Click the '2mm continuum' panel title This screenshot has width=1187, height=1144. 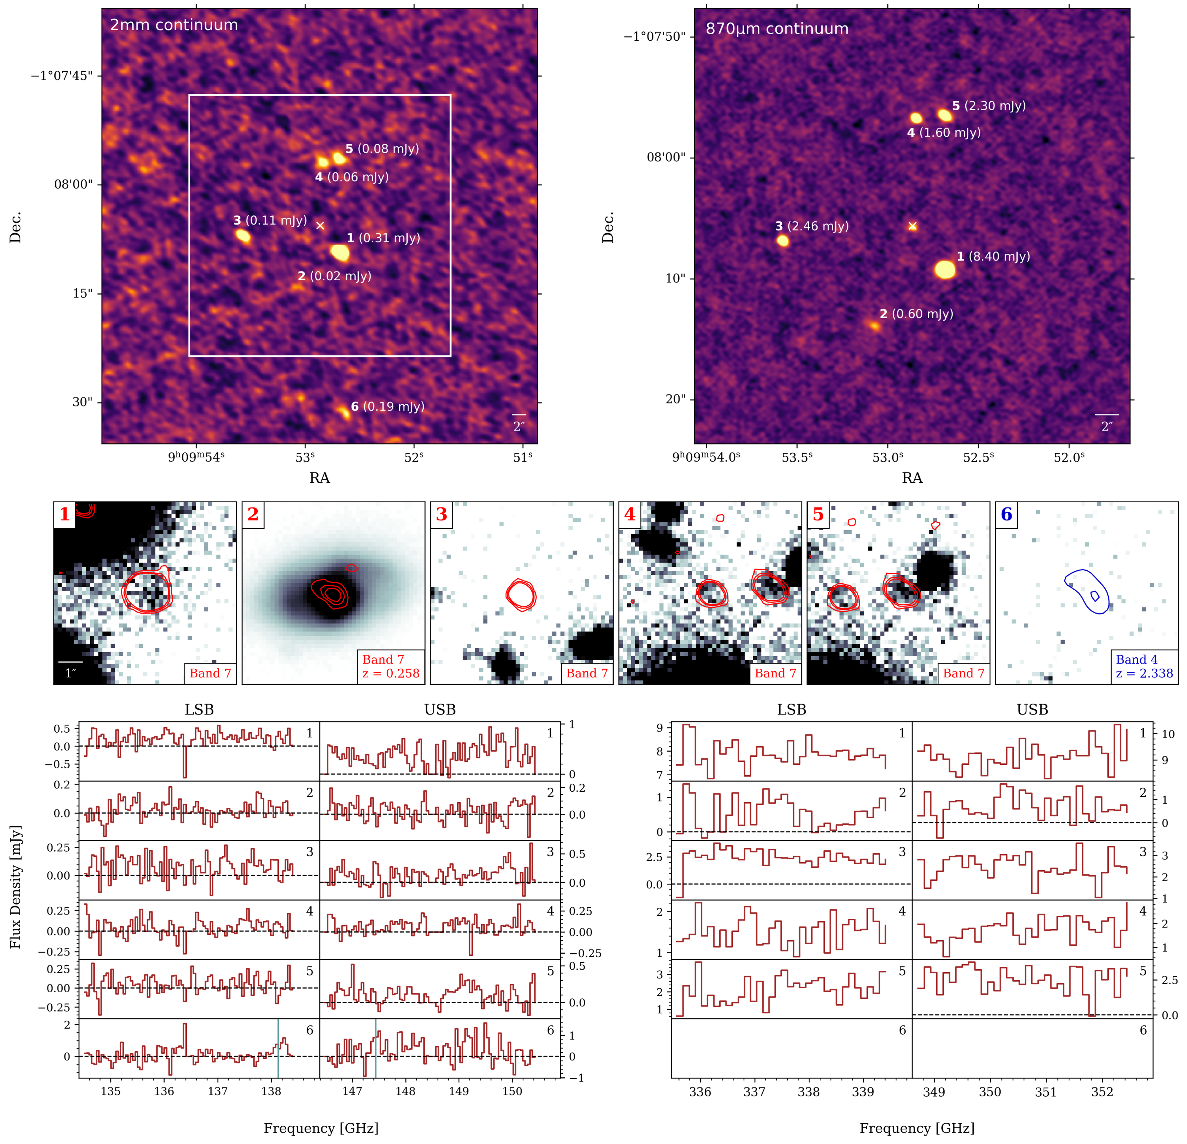174,25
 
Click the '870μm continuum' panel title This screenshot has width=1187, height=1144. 777,28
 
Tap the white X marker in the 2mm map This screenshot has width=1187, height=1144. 320,225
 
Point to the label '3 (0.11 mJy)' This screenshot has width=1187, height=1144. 270,221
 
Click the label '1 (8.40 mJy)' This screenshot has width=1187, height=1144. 993,256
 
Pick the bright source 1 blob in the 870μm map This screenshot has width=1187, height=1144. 945,269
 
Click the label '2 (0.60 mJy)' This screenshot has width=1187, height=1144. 916,314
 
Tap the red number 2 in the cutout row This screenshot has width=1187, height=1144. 253,515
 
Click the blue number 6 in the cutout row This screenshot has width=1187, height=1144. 1006,515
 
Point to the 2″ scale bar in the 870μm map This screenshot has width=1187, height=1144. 1107,415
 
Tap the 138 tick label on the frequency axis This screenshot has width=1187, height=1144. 271,1091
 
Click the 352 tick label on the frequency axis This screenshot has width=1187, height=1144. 1102,1091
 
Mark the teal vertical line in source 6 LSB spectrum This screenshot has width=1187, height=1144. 278,1048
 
